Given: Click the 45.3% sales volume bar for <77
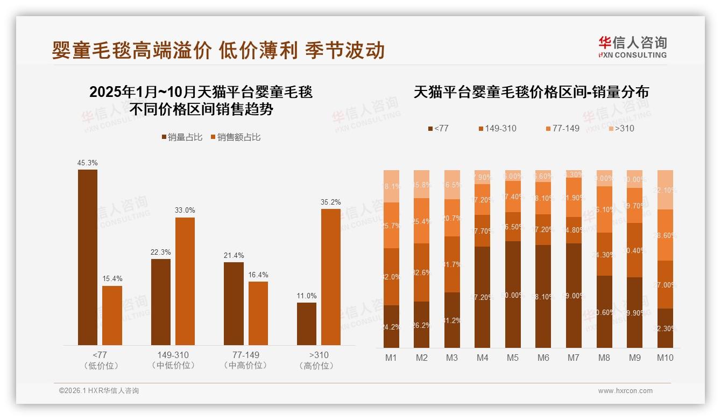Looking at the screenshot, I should [x=88, y=257].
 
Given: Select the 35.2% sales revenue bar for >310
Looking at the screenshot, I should [x=331, y=277].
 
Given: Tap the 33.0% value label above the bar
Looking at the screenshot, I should [x=185, y=210].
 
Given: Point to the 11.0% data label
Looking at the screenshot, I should [x=307, y=296].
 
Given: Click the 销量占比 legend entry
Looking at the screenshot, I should [x=182, y=137].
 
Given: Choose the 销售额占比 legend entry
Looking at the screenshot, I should [x=235, y=137].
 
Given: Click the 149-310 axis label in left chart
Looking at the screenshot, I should [x=173, y=355].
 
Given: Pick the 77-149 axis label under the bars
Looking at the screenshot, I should [x=245, y=355].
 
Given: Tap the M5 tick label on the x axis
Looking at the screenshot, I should [x=512, y=358].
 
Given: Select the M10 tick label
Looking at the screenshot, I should [x=665, y=358].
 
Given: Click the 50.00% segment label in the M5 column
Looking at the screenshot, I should [x=512, y=295].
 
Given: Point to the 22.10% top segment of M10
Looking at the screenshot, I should [x=665, y=190].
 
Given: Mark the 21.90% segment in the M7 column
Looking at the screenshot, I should [x=574, y=198].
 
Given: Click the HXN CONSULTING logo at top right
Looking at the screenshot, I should [x=632, y=47].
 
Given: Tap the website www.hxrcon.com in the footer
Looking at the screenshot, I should [x=625, y=391].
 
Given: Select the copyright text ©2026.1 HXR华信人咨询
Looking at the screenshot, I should [x=99, y=391].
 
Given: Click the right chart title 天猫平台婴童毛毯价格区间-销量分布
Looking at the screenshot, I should [x=531, y=92].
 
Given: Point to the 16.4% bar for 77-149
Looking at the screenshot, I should [x=258, y=313].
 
